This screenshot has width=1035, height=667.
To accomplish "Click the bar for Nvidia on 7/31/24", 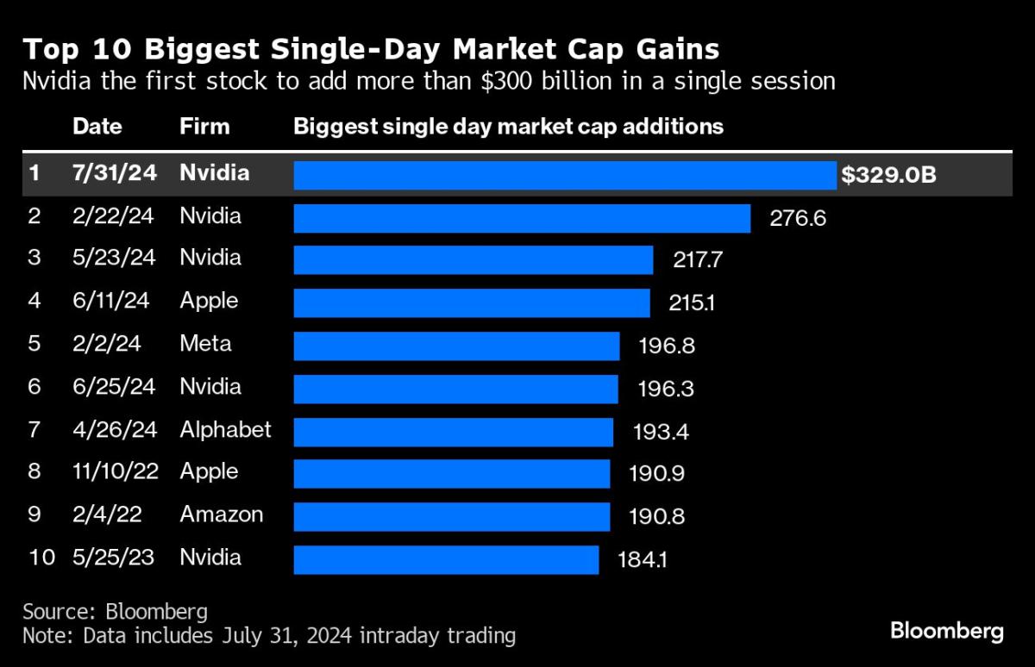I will pos(565,175).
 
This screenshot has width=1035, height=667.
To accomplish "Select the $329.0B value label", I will pos(888,175).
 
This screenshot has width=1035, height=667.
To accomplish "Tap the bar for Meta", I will pos(456,346).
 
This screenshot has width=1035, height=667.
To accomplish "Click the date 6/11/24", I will pos(113,302).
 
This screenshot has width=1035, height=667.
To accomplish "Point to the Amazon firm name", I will pos(222,515).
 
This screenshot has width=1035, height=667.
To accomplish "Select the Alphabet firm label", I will pos(225,429).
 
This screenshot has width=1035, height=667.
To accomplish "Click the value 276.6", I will pos(798,218).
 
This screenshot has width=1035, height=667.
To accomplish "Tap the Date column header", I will pos(97,127).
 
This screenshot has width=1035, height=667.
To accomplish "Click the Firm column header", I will pos(204,127).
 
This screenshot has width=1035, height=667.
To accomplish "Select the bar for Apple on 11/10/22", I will pos(452,473).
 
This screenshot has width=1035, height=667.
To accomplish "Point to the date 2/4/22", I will pos(107,515).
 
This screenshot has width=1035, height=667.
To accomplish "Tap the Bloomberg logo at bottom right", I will pos(946,632).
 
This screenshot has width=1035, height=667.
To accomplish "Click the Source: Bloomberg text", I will pos(115,612).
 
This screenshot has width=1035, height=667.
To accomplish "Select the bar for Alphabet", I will pos(453,431).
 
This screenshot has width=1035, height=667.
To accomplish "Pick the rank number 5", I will pos(34,345).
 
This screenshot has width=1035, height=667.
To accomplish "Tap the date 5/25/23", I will pos(113,558).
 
